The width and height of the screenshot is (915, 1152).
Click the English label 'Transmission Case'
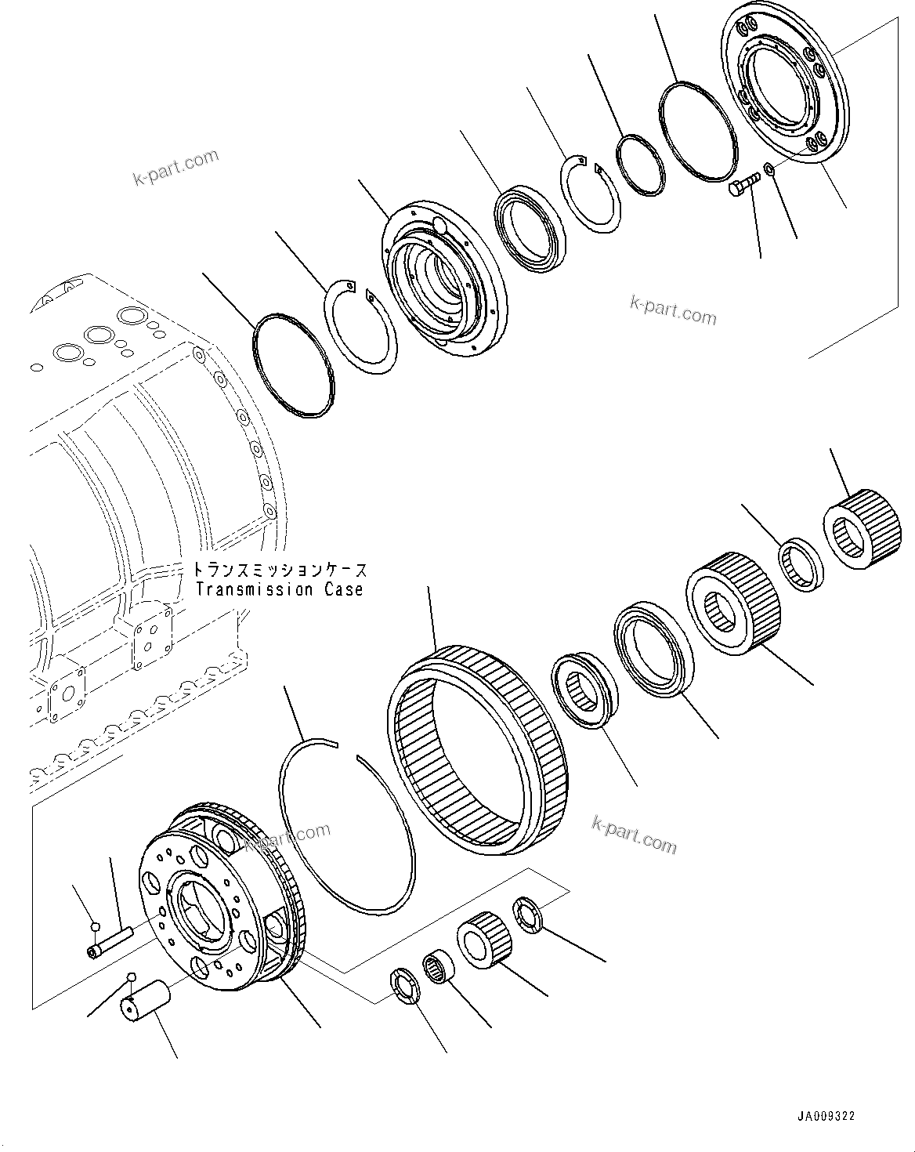pyautogui.click(x=279, y=589)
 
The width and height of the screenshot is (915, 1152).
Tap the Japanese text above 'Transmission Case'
pyautogui.click(x=280, y=570)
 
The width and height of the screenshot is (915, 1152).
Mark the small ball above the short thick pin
pyautogui.click(x=132, y=977)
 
